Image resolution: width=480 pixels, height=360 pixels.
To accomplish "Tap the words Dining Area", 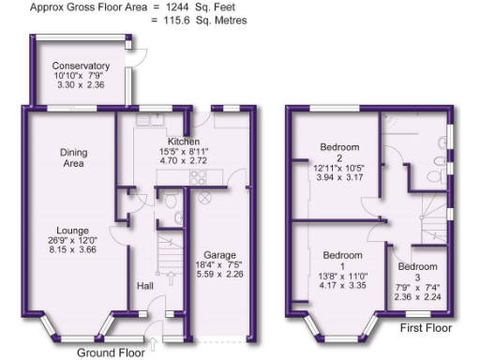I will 72,157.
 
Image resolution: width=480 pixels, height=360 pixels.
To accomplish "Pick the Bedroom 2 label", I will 339,147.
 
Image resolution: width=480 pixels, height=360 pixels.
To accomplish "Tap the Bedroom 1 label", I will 343,255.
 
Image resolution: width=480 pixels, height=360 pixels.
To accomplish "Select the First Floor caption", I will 425,328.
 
